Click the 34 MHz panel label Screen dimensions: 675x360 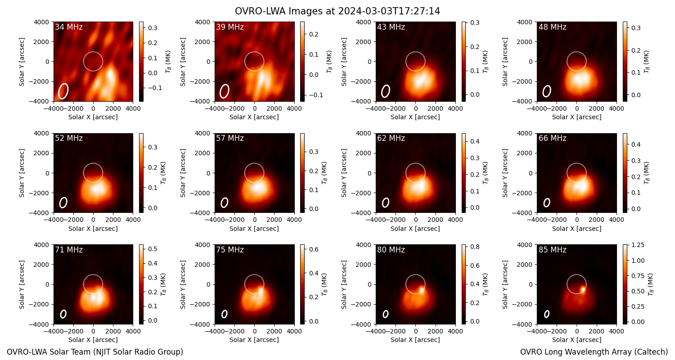[x=69, y=27]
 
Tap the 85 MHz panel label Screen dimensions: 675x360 [x=552, y=250]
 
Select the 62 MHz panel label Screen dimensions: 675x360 [x=391, y=138]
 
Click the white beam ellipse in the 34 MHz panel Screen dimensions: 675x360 [x=63, y=91]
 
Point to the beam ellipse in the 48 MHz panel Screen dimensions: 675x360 [x=547, y=91]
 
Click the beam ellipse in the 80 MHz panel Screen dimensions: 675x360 [x=385, y=314]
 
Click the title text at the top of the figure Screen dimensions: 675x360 [x=337, y=11]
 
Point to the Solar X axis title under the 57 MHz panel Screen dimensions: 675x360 [x=254, y=229]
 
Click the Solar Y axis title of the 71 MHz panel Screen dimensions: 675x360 [x=22, y=284]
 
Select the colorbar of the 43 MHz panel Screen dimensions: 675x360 [x=463, y=62]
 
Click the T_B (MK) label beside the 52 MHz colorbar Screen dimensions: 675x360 [x=163, y=173]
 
